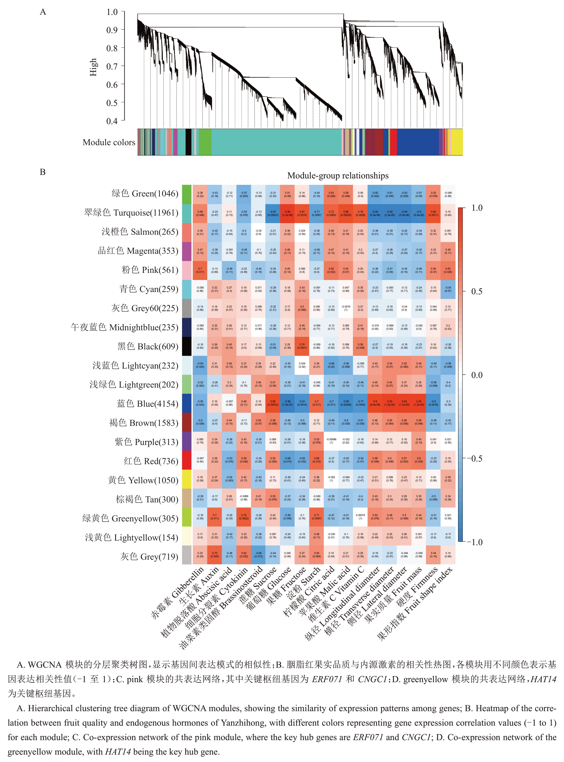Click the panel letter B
(x=43, y=172)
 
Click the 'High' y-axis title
(x=93, y=67)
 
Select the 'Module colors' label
(x=109, y=142)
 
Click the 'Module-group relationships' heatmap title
(x=338, y=176)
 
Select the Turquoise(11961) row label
(x=131, y=213)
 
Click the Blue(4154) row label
(x=147, y=404)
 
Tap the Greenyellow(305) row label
(x=130, y=519)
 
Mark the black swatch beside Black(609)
(x=187, y=346)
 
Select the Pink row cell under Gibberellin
(x=200, y=270)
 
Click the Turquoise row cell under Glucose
(x=287, y=213)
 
